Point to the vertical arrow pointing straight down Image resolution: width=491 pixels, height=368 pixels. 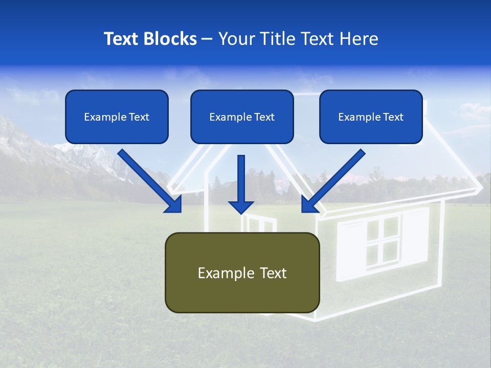241,179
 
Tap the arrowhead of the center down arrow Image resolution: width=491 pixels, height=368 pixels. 241,207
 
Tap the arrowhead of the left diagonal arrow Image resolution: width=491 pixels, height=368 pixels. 174,204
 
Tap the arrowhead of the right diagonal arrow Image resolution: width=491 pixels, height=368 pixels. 309,204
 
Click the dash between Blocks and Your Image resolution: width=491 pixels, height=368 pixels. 207,39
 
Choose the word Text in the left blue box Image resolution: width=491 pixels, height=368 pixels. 139,117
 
